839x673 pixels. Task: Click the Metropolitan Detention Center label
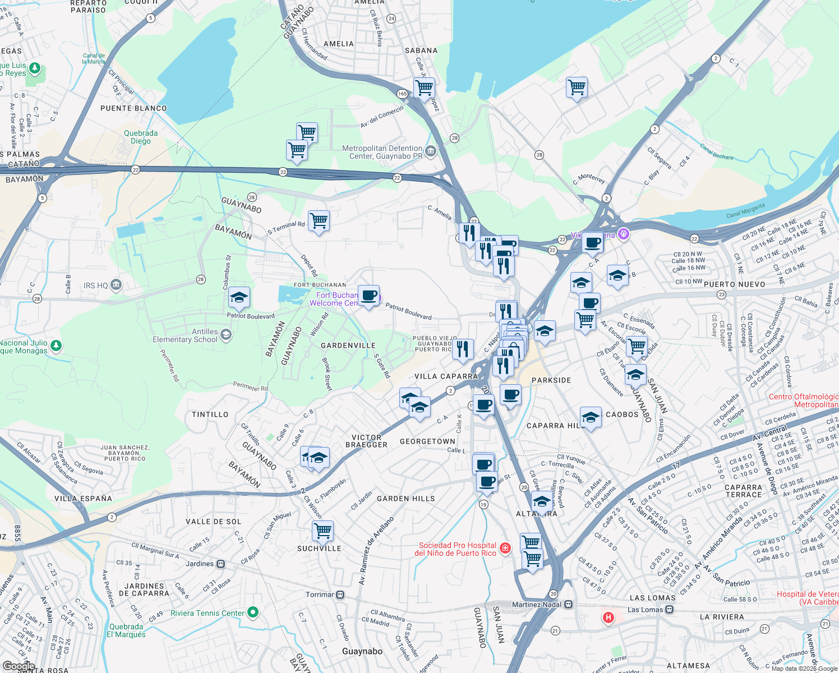(382, 153)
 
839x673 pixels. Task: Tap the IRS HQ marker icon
(116, 285)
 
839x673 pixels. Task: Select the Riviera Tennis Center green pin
(253, 612)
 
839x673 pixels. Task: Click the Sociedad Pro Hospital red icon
(505, 548)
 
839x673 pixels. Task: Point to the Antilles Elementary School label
(185, 335)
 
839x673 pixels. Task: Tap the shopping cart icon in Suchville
(322, 530)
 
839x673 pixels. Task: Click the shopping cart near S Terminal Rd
(319, 220)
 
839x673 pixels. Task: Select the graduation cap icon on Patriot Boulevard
(239, 298)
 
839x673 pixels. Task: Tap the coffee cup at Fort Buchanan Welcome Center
(368, 295)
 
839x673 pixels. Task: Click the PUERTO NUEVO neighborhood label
(734, 284)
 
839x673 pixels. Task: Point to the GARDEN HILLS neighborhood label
(405, 499)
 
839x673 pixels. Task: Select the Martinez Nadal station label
(536, 605)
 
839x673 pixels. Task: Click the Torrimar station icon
(340, 594)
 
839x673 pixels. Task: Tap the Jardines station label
(200, 564)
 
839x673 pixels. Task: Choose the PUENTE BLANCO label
(133, 108)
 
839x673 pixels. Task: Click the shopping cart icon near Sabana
(424, 87)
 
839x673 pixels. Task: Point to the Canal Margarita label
(745, 211)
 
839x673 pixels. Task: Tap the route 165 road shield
(402, 94)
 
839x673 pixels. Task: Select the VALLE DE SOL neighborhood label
(213, 522)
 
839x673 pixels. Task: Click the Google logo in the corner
(19, 666)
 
